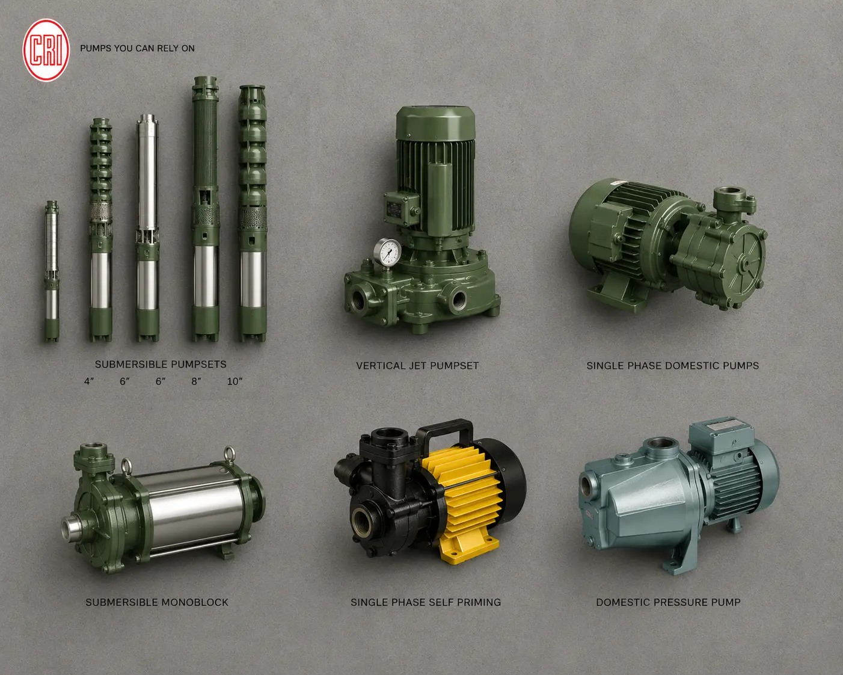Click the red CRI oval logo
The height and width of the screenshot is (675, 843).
pyautogui.click(x=46, y=50)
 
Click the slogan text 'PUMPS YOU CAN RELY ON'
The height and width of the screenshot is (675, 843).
pyautogui.click(x=137, y=49)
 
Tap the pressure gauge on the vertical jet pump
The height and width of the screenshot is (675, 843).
pyautogui.click(x=387, y=251)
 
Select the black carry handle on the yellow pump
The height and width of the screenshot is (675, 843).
pyautogui.click(x=446, y=433)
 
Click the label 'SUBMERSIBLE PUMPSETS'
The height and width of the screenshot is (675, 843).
pyautogui.click(x=161, y=364)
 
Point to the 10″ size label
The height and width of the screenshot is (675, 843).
pyautogui.click(x=235, y=381)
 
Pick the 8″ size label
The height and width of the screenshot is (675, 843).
pyautogui.click(x=196, y=381)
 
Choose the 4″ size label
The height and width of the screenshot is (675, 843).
pyautogui.click(x=89, y=381)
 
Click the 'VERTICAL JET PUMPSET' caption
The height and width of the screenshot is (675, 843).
pyautogui.click(x=417, y=366)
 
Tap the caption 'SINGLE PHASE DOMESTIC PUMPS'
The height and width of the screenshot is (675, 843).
pyautogui.click(x=673, y=366)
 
